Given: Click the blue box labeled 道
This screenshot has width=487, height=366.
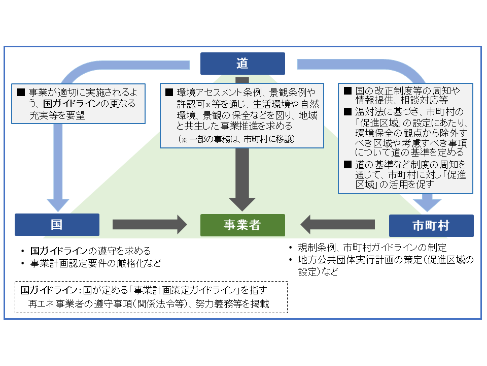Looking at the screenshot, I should pyautogui.click(x=242, y=64).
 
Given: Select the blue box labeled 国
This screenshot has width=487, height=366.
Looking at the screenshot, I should pyautogui.click(x=57, y=225).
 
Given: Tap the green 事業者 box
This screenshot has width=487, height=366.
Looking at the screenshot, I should pyautogui.click(x=242, y=225).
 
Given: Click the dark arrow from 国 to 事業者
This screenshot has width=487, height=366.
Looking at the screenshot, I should pyautogui.click(x=150, y=224).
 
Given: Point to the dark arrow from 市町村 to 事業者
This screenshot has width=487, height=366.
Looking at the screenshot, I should pyautogui.click(x=337, y=224).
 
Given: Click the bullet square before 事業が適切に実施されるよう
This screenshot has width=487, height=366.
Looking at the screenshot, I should pyautogui.click(x=21, y=93).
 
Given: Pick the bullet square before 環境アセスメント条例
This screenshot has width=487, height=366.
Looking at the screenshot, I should pyautogui.click(x=169, y=93).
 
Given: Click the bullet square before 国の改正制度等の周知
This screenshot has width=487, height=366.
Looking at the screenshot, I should pyautogui.click(x=347, y=91).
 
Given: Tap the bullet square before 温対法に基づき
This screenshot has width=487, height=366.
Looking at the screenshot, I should pyautogui.click(x=347, y=112).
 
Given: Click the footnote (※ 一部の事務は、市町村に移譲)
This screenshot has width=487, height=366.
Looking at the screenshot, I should pyautogui.click(x=236, y=139).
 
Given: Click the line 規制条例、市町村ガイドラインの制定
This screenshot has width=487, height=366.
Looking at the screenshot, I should pyautogui.click(x=372, y=248).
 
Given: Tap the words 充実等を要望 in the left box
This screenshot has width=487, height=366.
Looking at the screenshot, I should pyautogui.click(x=56, y=116).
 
